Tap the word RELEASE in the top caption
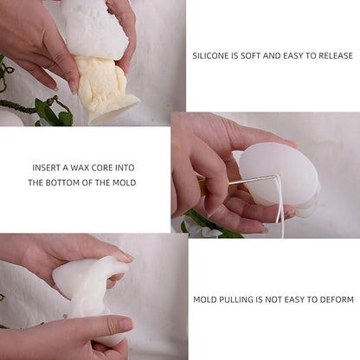tap(336, 55)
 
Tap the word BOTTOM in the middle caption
tap(62, 183)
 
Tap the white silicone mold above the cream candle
tap(93, 28)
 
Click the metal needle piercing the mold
tap(253, 179)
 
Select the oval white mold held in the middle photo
tap(279, 175)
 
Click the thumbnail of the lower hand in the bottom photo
tap(125, 325)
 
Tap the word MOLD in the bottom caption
tap(205, 299)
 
